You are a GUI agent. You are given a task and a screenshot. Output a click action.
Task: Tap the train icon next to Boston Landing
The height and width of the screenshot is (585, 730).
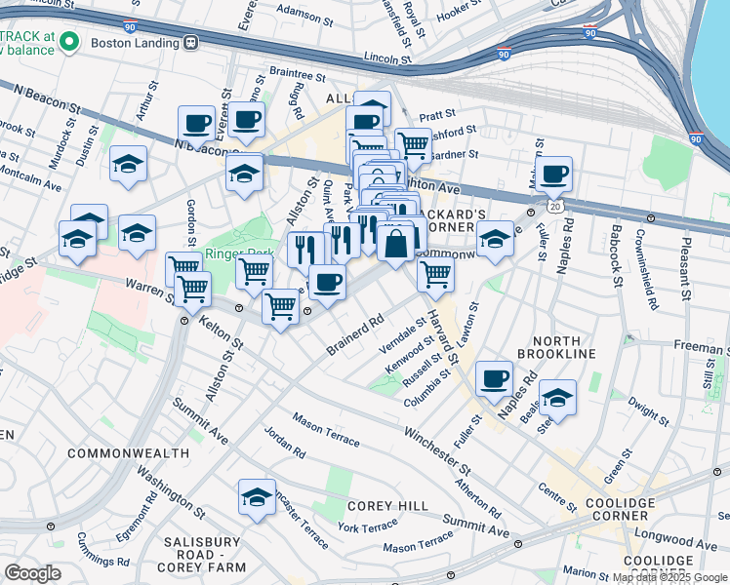(191, 42)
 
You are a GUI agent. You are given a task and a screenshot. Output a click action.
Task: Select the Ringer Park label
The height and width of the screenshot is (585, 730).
(232, 256)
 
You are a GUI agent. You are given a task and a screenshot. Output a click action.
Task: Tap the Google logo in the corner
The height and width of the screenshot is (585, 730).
(33, 573)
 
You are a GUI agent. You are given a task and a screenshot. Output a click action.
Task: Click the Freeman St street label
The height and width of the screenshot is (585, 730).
(700, 346)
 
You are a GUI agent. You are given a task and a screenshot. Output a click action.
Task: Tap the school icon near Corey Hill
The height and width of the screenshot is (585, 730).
(258, 496)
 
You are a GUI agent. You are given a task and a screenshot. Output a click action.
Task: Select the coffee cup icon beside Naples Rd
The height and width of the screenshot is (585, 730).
(495, 376)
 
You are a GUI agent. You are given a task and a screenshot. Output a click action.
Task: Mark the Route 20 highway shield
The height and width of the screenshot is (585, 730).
(554, 207)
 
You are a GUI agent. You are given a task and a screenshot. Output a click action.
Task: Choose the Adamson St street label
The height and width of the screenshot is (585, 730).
(299, 13)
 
